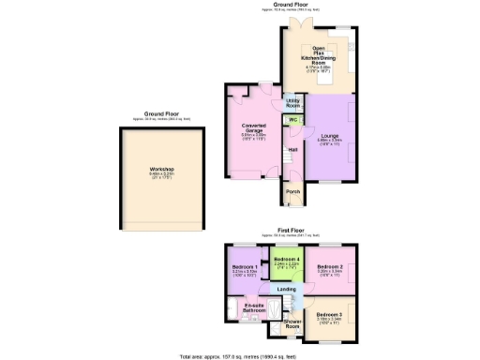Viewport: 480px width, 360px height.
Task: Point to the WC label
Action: (293, 120)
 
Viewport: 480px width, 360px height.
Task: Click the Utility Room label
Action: (292, 103)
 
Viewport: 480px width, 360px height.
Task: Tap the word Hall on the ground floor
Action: (293, 150)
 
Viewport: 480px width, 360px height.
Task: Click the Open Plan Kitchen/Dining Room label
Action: (319, 55)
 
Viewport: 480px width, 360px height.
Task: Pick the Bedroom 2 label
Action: (328, 267)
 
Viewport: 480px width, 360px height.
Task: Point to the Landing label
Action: (289, 289)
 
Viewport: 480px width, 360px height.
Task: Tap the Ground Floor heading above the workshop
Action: (160, 113)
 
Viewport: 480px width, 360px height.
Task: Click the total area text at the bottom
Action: (239, 356)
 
